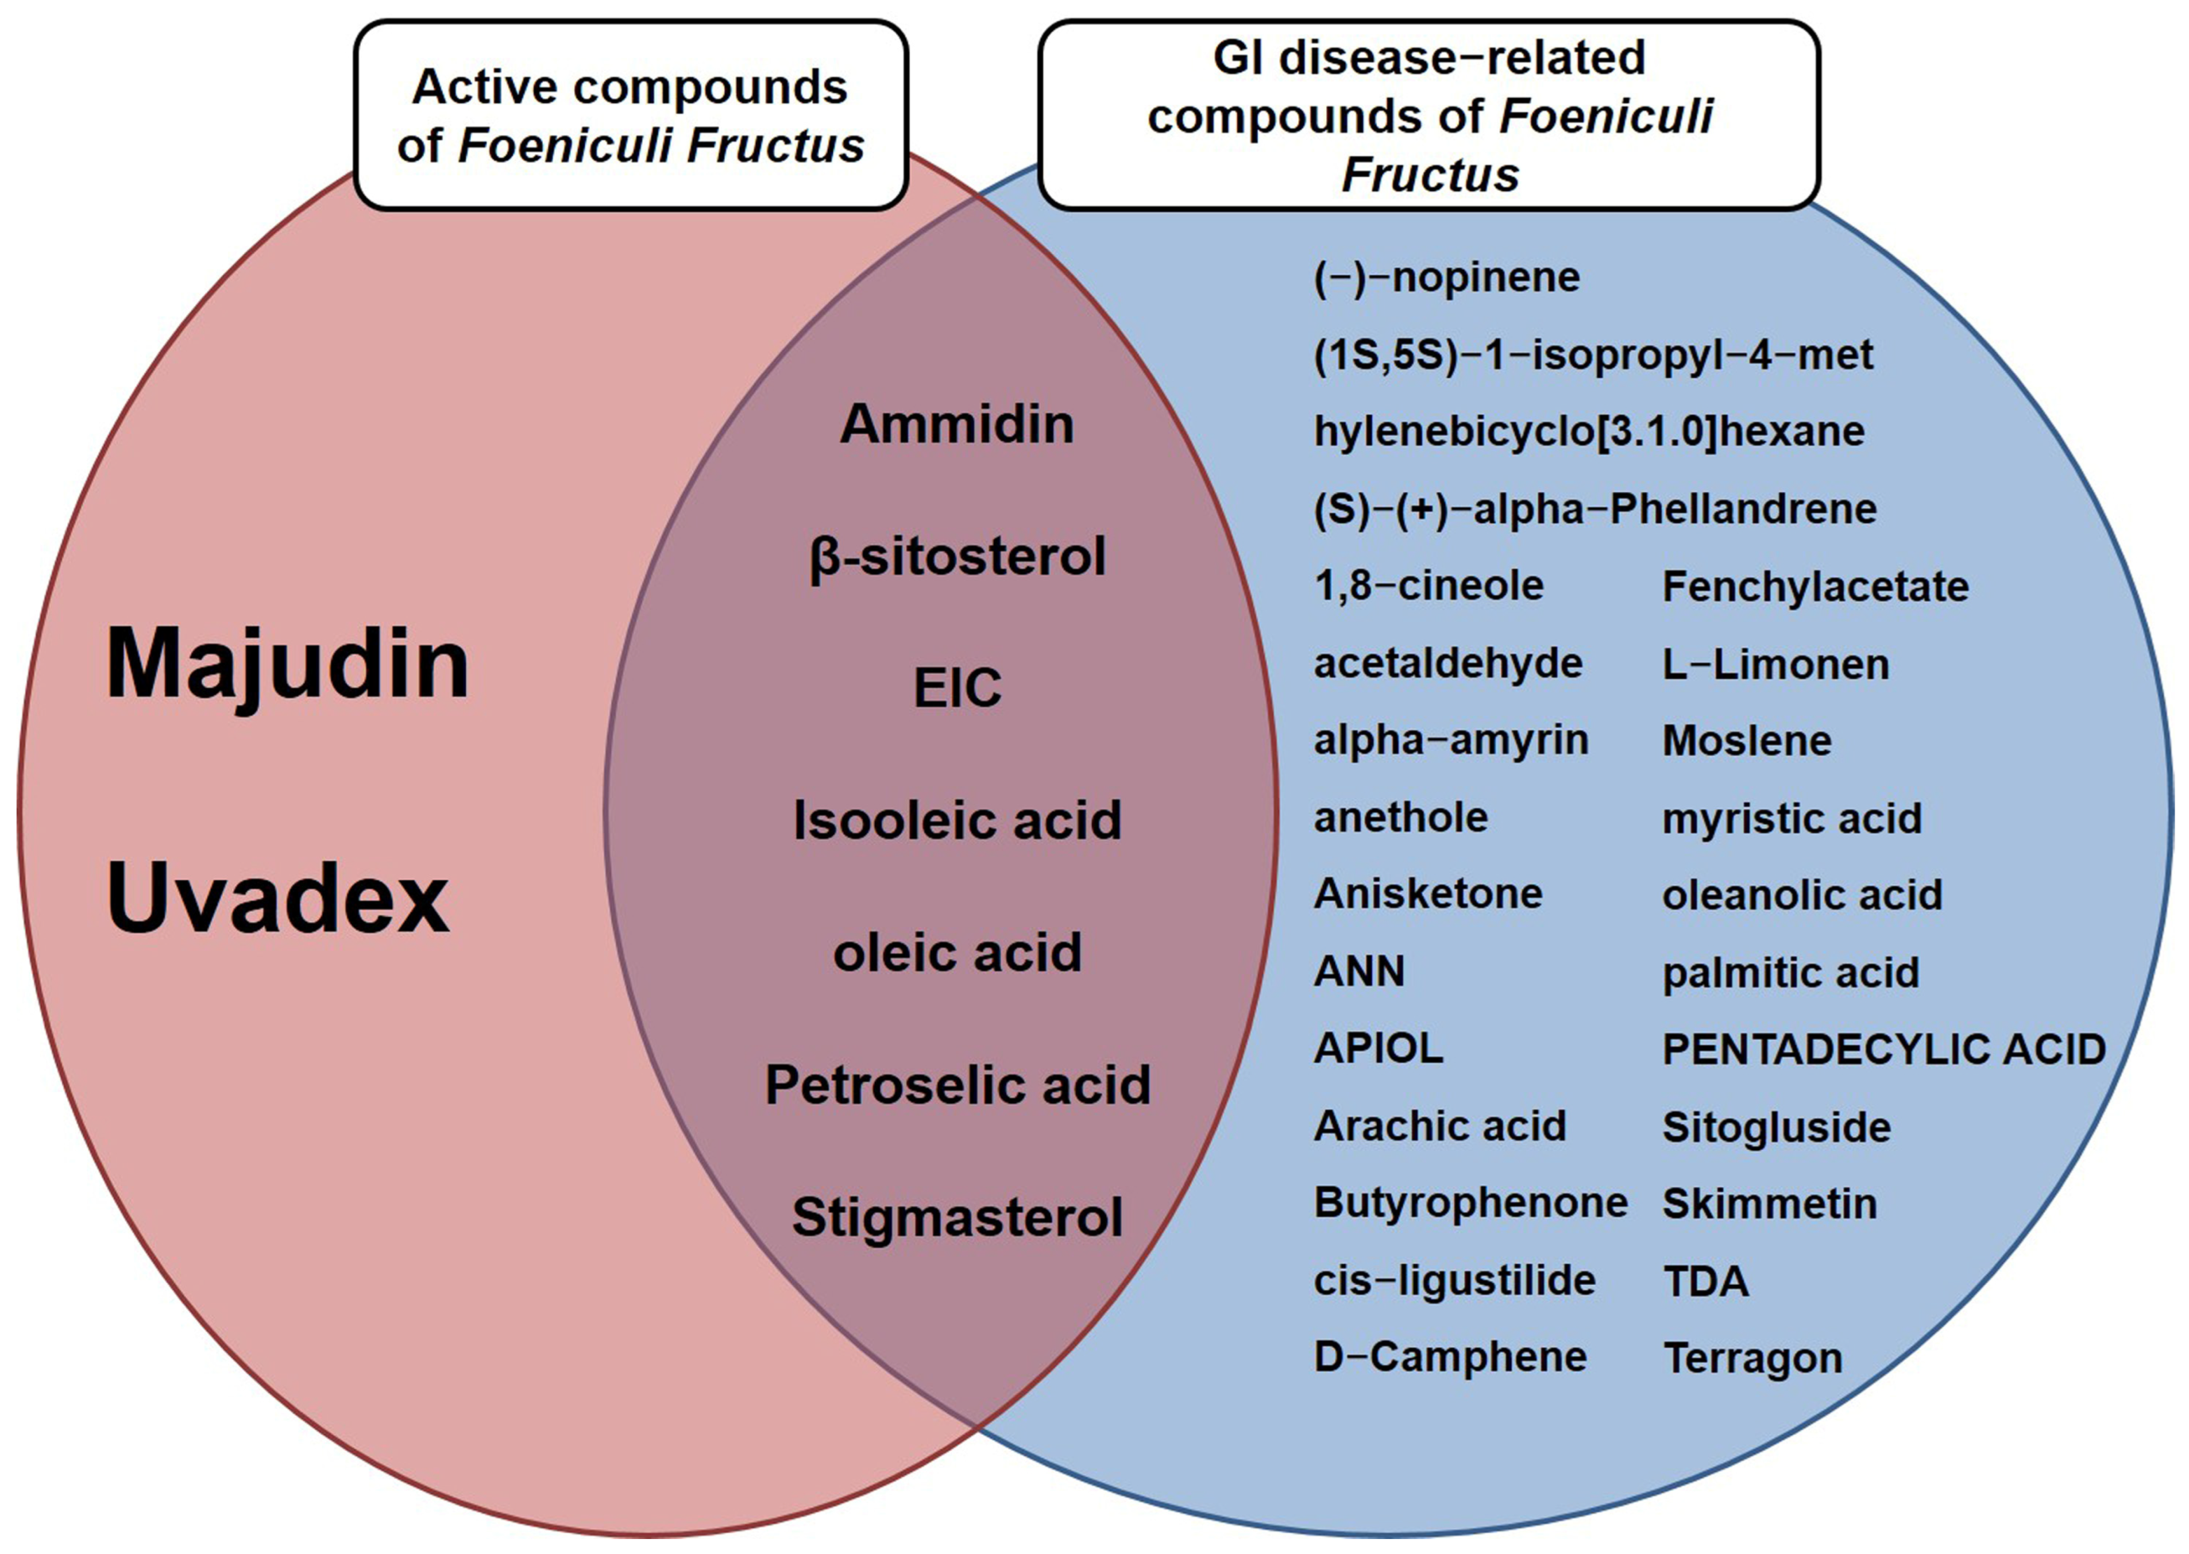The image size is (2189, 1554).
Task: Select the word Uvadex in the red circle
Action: tap(277, 900)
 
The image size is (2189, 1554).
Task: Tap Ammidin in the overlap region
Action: tap(957, 424)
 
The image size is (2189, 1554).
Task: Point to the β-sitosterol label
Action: tap(957, 557)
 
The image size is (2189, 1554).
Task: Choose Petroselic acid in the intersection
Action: tap(957, 1085)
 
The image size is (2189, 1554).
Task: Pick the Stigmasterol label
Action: tap(957, 1217)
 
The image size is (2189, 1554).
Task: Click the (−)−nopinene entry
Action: tap(1446, 277)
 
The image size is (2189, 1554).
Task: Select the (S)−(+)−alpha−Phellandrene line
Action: tap(1595, 509)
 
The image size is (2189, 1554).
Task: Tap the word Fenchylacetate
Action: tap(1815, 587)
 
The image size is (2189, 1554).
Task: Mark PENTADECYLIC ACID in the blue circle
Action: tap(1884, 1050)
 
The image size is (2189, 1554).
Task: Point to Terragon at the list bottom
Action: tap(1752, 1358)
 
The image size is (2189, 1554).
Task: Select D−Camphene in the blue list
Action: tap(1449, 1357)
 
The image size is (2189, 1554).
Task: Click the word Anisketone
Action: tap(1427, 894)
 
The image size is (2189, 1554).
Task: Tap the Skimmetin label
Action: tap(1769, 1204)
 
